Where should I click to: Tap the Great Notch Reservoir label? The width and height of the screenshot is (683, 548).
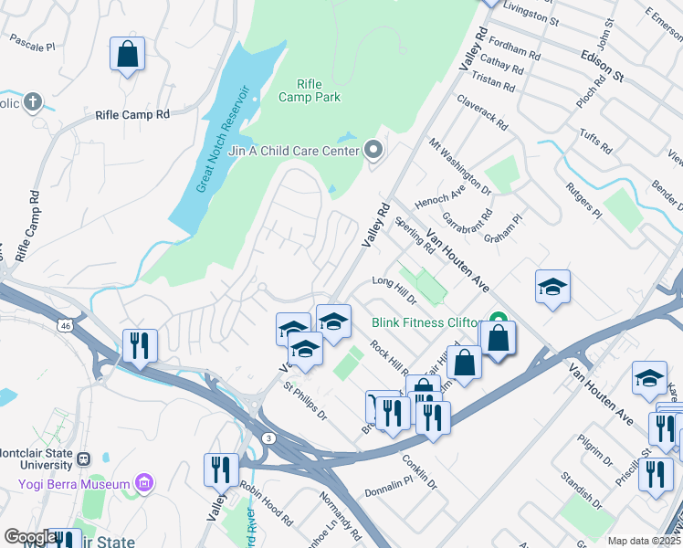(x=224, y=139)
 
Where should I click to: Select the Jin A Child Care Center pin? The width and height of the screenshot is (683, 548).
(x=373, y=149)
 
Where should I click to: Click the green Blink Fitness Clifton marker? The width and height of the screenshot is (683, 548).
(x=499, y=321)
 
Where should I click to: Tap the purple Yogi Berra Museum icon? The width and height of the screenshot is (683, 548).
(x=143, y=481)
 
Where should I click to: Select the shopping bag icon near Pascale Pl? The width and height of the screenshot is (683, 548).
(x=128, y=55)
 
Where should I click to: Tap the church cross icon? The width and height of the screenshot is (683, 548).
(x=33, y=101)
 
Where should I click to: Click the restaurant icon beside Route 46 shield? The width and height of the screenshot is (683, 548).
(x=140, y=345)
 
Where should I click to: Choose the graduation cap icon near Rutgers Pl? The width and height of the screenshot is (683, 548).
(x=552, y=289)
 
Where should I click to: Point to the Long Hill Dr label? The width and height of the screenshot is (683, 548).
(x=394, y=290)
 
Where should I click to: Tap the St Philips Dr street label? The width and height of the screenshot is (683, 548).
(x=304, y=403)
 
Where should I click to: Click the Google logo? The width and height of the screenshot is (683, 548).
(x=30, y=537)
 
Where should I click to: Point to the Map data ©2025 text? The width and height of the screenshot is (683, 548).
(x=644, y=541)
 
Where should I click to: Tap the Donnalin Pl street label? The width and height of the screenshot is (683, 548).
(x=389, y=482)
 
